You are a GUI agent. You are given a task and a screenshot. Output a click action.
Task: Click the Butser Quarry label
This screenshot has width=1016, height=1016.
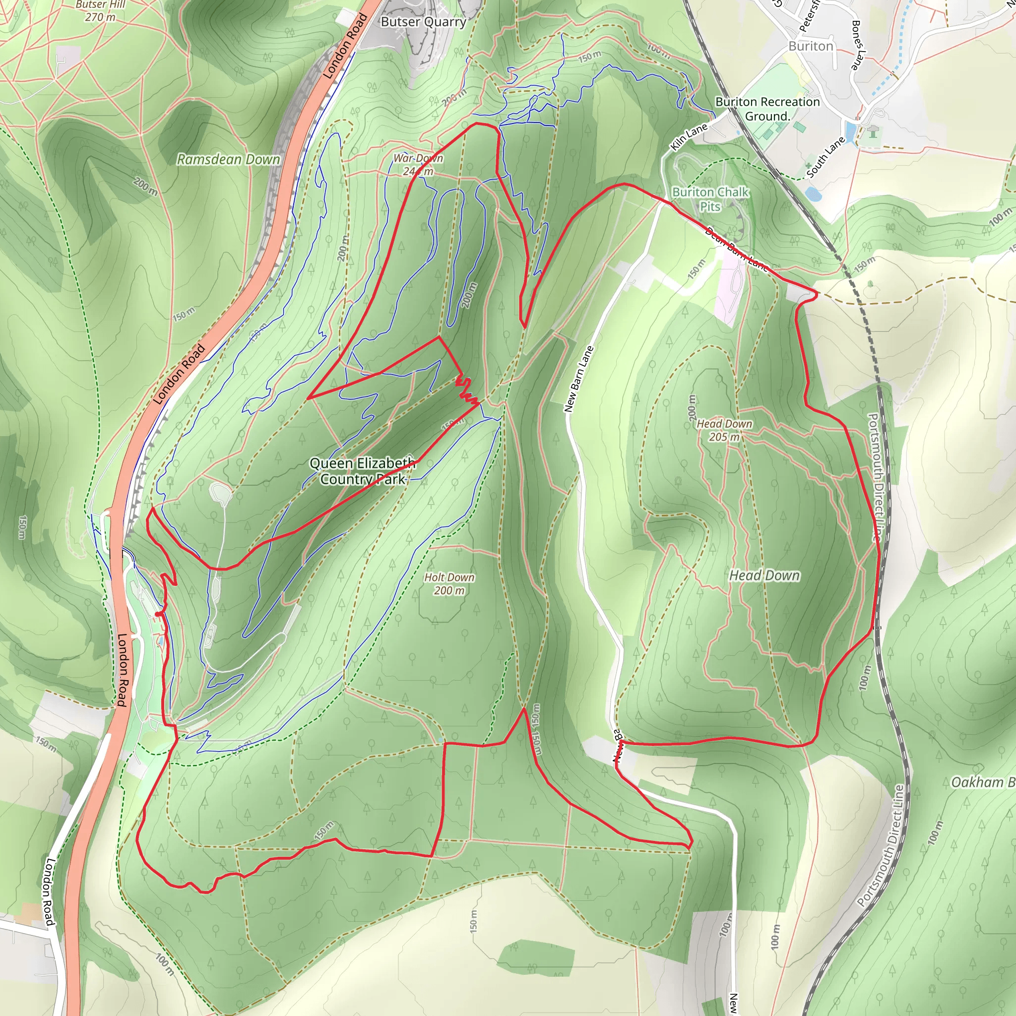[x=423, y=22]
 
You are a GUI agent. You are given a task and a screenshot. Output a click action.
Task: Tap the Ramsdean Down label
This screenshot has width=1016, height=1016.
[x=228, y=159]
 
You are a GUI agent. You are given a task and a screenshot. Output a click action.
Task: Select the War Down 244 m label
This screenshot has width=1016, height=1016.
[x=419, y=165]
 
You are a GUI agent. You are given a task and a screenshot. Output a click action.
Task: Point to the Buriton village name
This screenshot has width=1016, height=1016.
[x=811, y=46]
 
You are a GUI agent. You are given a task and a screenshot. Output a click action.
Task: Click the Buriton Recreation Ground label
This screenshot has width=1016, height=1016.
[x=767, y=109]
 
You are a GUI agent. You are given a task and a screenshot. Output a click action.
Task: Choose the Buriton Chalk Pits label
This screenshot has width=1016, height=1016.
[x=710, y=199]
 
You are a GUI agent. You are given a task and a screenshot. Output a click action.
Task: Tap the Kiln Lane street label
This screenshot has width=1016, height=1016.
[x=689, y=137]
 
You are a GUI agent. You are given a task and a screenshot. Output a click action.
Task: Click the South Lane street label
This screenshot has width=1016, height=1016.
[x=825, y=157]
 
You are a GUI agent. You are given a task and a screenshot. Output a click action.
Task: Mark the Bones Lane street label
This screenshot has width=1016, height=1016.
[x=856, y=45]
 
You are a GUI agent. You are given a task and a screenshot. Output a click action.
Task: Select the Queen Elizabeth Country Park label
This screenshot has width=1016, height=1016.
[x=362, y=471]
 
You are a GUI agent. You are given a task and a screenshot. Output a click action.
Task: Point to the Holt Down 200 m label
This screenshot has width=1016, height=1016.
[x=449, y=584]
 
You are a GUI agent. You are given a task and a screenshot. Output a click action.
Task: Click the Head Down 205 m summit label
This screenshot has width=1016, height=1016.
[x=724, y=430]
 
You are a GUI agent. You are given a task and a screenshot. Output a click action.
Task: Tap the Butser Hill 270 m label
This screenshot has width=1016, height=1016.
[x=100, y=11]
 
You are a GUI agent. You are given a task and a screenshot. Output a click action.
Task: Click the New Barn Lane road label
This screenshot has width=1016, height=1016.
[x=578, y=379]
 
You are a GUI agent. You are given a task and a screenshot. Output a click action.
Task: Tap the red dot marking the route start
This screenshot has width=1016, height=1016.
[x=158, y=614]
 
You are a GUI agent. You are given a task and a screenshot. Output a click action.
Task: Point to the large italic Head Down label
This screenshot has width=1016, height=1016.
[x=764, y=575]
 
